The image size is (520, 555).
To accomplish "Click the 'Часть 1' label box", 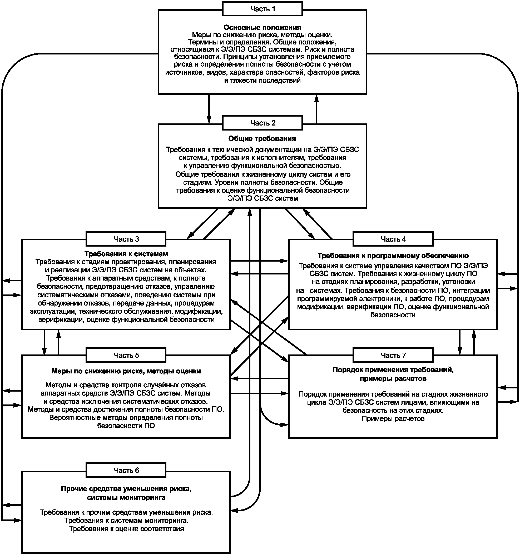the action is (262, 9).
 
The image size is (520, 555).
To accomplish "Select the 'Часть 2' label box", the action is (262, 123).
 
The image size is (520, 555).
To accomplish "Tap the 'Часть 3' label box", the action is (126, 239).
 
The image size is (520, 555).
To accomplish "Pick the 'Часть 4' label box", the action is (393, 239).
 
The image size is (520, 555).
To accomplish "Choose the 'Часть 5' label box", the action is (126, 355).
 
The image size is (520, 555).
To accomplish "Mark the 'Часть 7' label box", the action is (393, 355).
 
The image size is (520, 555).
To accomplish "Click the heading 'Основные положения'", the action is (262, 27).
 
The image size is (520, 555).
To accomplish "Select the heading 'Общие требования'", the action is (262, 138).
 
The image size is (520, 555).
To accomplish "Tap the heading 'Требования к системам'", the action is (126, 254).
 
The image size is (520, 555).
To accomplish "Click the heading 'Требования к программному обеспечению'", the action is (393, 256).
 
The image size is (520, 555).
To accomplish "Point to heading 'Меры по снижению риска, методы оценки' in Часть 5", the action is (126, 371).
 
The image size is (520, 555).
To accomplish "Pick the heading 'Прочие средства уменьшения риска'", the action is (126, 489).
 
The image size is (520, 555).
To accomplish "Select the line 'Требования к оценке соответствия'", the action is (126, 529).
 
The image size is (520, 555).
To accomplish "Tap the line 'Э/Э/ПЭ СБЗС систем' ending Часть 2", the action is (263, 198).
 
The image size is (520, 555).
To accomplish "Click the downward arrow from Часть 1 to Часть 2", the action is (209, 109).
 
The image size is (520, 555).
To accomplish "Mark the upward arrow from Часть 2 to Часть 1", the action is (316, 109).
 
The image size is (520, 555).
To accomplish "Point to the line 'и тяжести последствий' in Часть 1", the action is (263, 81).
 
